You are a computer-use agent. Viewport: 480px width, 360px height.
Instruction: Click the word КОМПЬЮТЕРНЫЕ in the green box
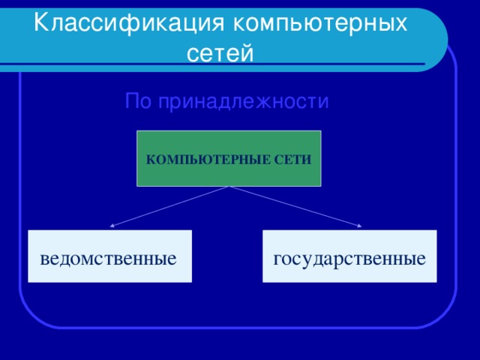[200, 160]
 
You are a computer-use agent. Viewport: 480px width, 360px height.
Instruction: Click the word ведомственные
[109, 259]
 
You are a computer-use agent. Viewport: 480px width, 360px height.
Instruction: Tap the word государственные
[349, 259]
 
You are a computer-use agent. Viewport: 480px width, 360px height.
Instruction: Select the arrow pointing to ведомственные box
[169, 206]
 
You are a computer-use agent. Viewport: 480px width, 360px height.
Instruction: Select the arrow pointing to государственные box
[296, 206]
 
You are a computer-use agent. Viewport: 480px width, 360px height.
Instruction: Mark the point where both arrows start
[229, 187]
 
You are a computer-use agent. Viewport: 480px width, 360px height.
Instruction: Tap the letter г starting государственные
[277, 260]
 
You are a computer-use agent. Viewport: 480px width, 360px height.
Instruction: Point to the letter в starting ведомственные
[46, 260]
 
